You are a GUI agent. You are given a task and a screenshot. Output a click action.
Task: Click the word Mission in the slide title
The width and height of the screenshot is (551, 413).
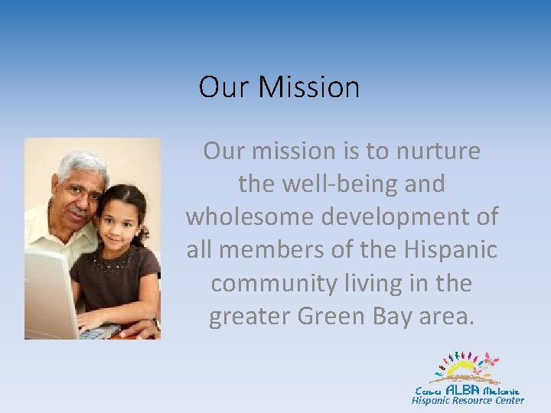pyautogui.click(x=308, y=87)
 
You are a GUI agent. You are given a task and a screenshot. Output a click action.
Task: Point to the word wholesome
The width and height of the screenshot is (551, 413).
pyautogui.click(x=250, y=217)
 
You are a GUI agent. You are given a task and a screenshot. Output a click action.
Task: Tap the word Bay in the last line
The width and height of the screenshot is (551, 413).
pyautogui.click(x=390, y=316)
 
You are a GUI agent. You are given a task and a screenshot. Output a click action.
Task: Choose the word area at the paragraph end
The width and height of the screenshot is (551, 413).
pyautogui.click(x=448, y=316)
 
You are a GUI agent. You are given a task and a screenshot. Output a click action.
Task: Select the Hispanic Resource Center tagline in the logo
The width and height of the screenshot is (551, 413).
pyautogui.click(x=468, y=401)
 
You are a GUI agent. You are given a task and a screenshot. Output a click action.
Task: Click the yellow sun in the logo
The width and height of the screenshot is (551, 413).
pyautogui.click(x=463, y=370)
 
